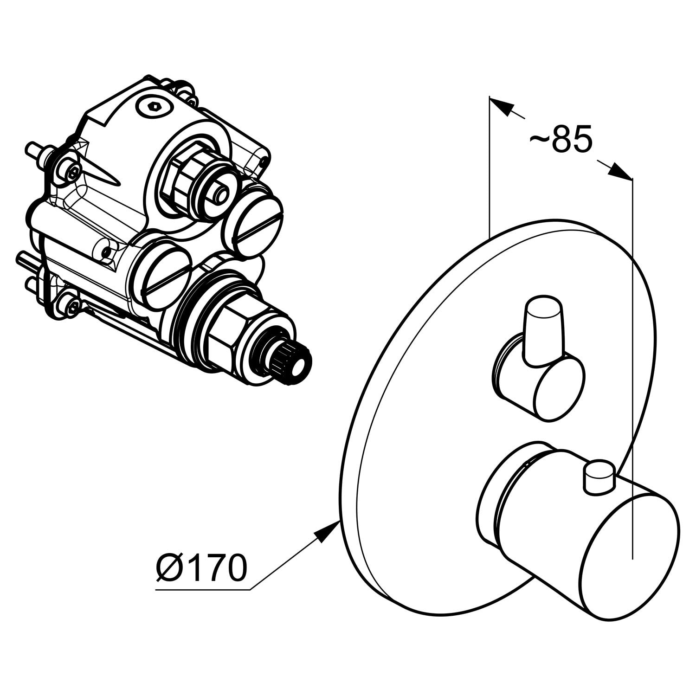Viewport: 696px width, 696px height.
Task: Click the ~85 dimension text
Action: click(561, 139)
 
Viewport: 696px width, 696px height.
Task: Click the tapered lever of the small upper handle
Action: click(544, 329)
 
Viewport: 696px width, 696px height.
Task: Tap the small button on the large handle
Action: click(599, 477)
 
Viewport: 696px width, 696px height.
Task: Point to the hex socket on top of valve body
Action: click(155, 108)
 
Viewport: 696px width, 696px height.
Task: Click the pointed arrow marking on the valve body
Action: click(100, 171)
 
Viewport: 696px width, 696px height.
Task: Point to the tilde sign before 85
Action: click(539, 139)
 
